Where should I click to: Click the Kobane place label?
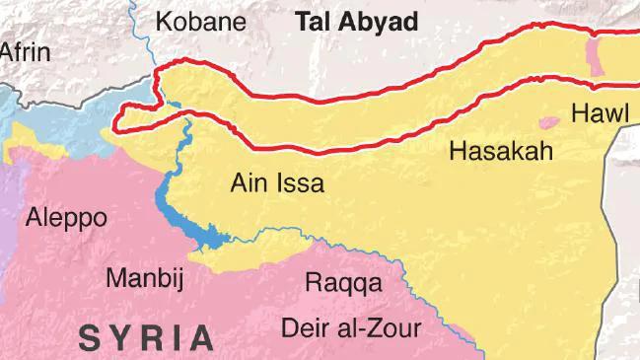pyautogui.click(x=203, y=22)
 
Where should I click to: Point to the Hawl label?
pyautogui.click(x=599, y=112)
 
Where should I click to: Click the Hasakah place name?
pyautogui.click(x=500, y=151)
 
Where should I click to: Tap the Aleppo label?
pyautogui.click(x=67, y=217)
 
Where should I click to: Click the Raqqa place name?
pyautogui.click(x=342, y=283)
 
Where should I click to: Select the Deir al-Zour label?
pyautogui.click(x=350, y=327)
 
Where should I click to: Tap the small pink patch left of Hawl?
pyautogui.click(x=548, y=122)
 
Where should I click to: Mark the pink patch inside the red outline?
pyautogui.click(x=594, y=55)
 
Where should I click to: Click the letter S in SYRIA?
pyautogui.click(x=90, y=338)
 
